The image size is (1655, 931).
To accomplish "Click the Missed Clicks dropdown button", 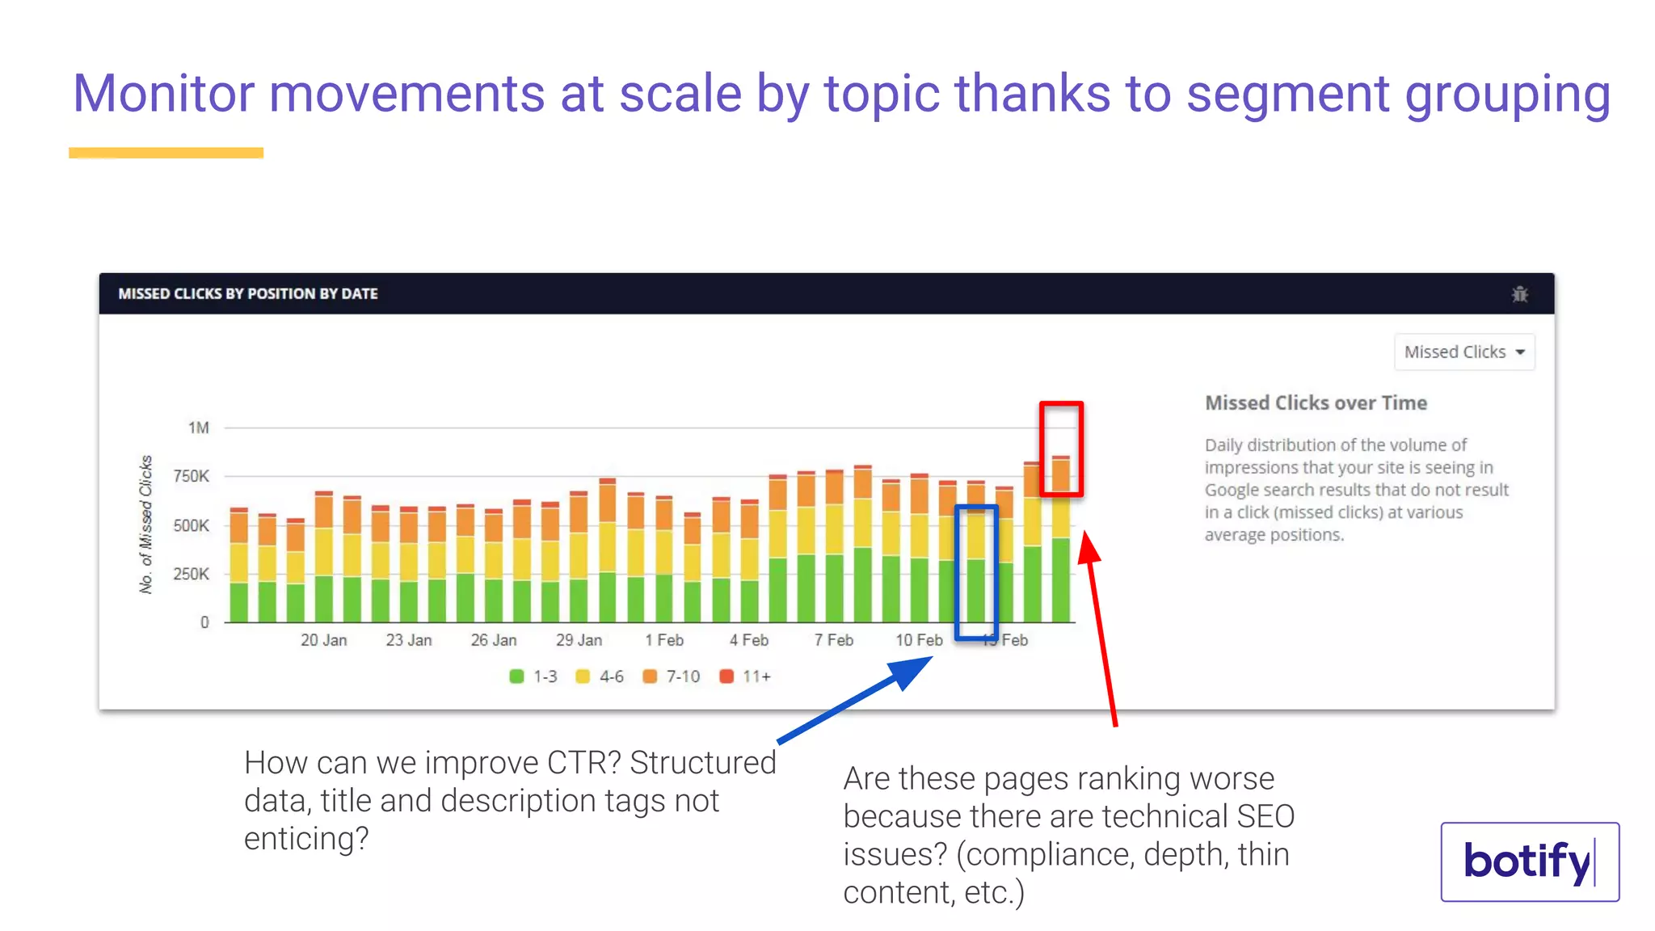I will pos(1463,352).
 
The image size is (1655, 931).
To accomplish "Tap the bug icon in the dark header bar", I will pos(1519,294).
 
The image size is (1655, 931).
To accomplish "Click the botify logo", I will pos(1529,861).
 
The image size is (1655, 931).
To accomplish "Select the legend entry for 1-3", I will pos(533,676).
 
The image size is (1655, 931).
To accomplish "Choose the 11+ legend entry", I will pos(745,676).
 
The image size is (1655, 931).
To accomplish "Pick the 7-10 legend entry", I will pos(672,676).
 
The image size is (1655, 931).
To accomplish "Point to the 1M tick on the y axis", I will pos(199,428).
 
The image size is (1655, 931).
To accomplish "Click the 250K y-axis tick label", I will pos(192,574).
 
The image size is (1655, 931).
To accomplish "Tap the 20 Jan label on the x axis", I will pos(323,640).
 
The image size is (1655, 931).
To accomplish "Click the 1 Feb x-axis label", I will pos(663,640).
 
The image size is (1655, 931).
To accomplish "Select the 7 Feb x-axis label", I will pos(833,640).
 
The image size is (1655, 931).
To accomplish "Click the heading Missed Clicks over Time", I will pos(1316,402).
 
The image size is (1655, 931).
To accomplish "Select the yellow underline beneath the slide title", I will pos(166,153).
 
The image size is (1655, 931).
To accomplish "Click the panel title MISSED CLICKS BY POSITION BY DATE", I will pos(248,294).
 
